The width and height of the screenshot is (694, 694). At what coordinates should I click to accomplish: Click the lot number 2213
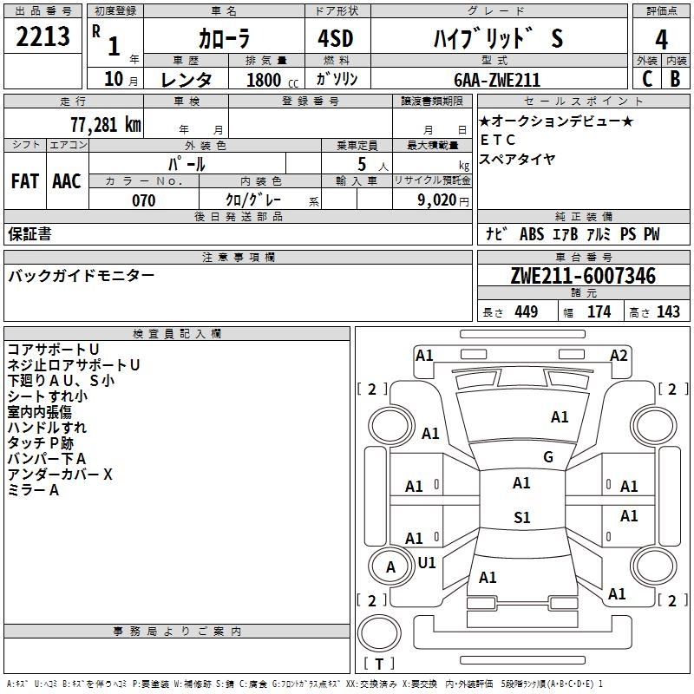(43, 36)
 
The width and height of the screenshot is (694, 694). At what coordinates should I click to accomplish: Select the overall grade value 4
(661, 40)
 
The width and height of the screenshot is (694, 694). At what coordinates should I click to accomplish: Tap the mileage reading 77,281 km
(106, 125)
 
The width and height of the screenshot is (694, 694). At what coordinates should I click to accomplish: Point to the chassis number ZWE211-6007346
(583, 276)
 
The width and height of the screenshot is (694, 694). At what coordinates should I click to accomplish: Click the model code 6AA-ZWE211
(497, 80)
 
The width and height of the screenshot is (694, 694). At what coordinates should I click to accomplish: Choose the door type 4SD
(336, 38)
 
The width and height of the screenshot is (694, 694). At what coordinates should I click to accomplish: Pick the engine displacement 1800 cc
(272, 80)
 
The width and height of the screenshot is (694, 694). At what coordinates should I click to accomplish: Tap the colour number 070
(144, 200)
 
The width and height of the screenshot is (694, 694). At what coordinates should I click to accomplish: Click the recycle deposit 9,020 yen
(443, 200)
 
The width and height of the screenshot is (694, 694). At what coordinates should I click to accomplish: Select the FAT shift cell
(25, 181)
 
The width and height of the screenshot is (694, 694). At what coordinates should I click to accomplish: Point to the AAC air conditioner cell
(67, 181)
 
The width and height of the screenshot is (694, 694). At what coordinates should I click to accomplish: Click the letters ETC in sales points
(497, 140)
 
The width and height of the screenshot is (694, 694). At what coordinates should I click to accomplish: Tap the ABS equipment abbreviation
(532, 234)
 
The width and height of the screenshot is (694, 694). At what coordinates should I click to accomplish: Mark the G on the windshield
(548, 457)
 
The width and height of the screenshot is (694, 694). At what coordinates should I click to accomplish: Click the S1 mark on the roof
(522, 517)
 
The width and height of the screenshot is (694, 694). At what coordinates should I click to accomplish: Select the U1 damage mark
(427, 562)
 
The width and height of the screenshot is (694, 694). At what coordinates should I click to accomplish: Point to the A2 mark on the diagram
(619, 356)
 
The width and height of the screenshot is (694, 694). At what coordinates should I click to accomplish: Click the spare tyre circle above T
(379, 633)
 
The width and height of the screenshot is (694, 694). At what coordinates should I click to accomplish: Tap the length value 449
(527, 311)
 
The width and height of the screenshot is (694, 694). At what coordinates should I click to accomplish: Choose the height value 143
(668, 311)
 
